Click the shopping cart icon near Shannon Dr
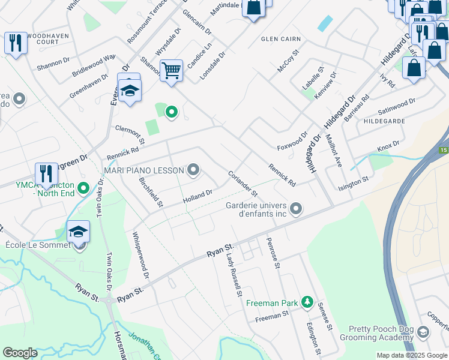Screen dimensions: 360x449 pyautogui.click(x=171, y=70)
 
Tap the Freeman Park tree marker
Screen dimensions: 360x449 pyautogui.click(x=307, y=302)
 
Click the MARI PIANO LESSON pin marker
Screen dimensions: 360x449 pyautogui.click(x=193, y=170)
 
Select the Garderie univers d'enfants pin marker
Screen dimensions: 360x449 pyautogui.click(x=295, y=209)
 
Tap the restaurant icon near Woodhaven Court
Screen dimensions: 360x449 pyautogui.click(x=15, y=43)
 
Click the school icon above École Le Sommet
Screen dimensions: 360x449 pyautogui.click(x=78, y=231)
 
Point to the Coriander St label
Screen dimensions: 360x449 pyautogui.click(x=243, y=184)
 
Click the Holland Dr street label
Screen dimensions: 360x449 pyautogui.click(x=197, y=196)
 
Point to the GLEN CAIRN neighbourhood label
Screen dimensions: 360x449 pyautogui.click(x=280, y=39)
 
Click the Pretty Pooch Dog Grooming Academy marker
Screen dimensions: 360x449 pyautogui.click(x=423, y=332)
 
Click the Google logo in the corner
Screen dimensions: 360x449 pyautogui.click(x=20, y=353)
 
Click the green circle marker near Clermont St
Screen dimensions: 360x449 pyautogui.click(x=171, y=112)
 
